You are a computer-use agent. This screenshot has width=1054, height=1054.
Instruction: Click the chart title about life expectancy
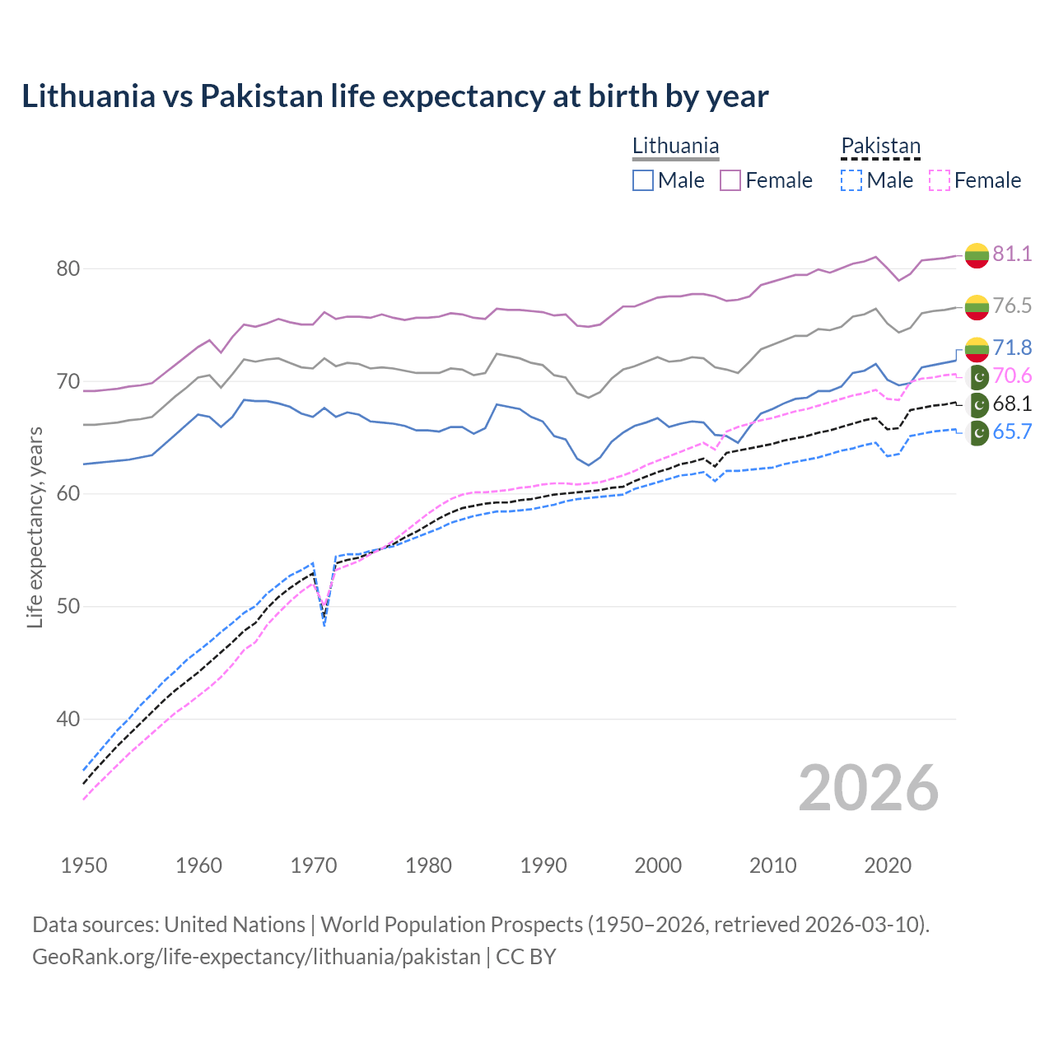[x=395, y=96]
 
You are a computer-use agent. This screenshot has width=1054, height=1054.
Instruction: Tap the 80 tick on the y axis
[x=68, y=269]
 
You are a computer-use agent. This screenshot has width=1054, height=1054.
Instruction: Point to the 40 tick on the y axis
[x=68, y=719]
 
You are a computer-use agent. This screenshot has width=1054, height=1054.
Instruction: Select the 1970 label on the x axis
[x=314, y=865]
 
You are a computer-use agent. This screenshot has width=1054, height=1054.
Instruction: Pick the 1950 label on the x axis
[x=84, y=865]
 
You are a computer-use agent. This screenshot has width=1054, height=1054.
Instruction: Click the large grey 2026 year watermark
[x=868, y=788]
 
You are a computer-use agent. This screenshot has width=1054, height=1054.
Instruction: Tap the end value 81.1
[x=1012, y=254]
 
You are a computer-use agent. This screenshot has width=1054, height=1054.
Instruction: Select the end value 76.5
[x=1012, y=305]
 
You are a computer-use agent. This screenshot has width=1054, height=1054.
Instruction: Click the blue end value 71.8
[x=1012, y=347]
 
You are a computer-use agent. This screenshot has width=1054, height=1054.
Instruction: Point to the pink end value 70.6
[x=1012, y=376]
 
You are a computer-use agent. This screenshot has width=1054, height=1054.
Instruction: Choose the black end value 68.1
[x=1012, y=404]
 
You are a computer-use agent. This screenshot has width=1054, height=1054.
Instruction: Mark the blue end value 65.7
[x=1012, y=432]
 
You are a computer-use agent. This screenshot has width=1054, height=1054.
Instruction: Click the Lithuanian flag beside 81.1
[x=977, y=255]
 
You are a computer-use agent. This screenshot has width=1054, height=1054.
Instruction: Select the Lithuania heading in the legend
[x=675, y=146]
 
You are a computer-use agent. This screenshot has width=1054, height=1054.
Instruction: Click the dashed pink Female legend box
[x=940, y=180]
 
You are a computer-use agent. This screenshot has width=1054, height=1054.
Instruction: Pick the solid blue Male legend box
[x=643, y=180]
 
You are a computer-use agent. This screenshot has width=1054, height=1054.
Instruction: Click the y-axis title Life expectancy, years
[x=35, y=527]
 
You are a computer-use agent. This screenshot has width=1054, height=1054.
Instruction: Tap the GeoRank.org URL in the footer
[x=256, y=957]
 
